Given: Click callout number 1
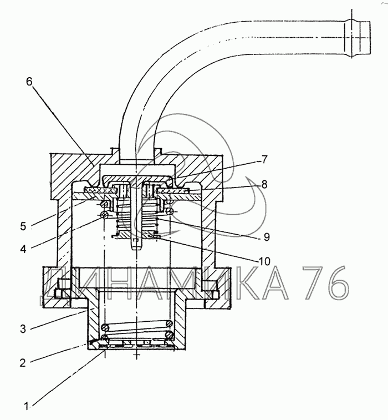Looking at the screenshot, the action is (x=26, y=406).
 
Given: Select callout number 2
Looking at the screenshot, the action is (x=23, y=362).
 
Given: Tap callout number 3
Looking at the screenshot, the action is (x=23, y=328).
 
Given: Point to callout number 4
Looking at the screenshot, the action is (x=23, y=249).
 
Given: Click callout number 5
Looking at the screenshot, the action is (x=23, y=226).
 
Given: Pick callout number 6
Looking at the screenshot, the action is (x=29, y=82).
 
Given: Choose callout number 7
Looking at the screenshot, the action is (x=264, y=159).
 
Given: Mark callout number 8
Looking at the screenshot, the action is (x=264, y=184).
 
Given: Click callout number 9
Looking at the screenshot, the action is (x=267, y=237).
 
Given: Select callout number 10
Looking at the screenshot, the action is (x=264, y=261).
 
